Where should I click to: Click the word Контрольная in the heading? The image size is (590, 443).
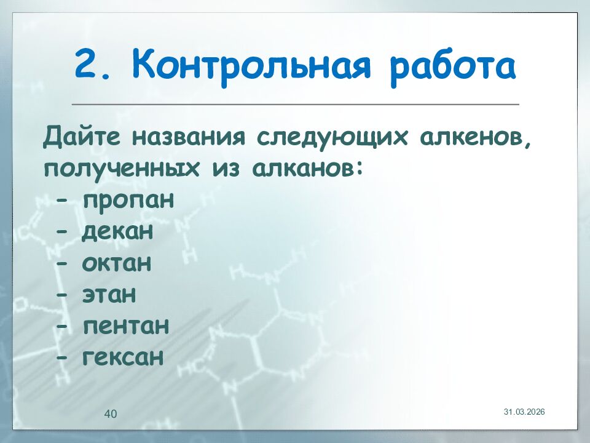point(251,66)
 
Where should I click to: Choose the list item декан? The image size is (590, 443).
point(117,232)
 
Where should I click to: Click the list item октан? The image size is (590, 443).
point(116,263)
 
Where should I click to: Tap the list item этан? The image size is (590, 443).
point(108,295)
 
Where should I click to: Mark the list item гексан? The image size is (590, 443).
point(122,357)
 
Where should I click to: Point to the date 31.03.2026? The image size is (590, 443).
point(524,411)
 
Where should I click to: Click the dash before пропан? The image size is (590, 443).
point(61,201)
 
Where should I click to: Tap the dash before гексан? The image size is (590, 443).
point(61,357)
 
